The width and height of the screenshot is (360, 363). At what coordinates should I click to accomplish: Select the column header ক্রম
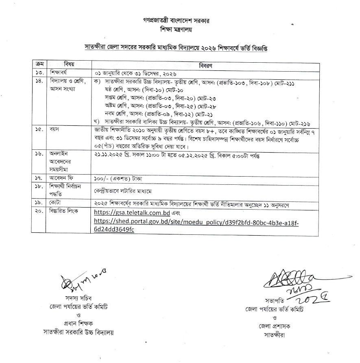[x=39, y=64]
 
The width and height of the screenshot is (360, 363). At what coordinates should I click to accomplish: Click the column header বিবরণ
[x=215, y=65]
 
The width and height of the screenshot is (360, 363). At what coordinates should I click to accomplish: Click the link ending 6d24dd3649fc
[x=114, y=230]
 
